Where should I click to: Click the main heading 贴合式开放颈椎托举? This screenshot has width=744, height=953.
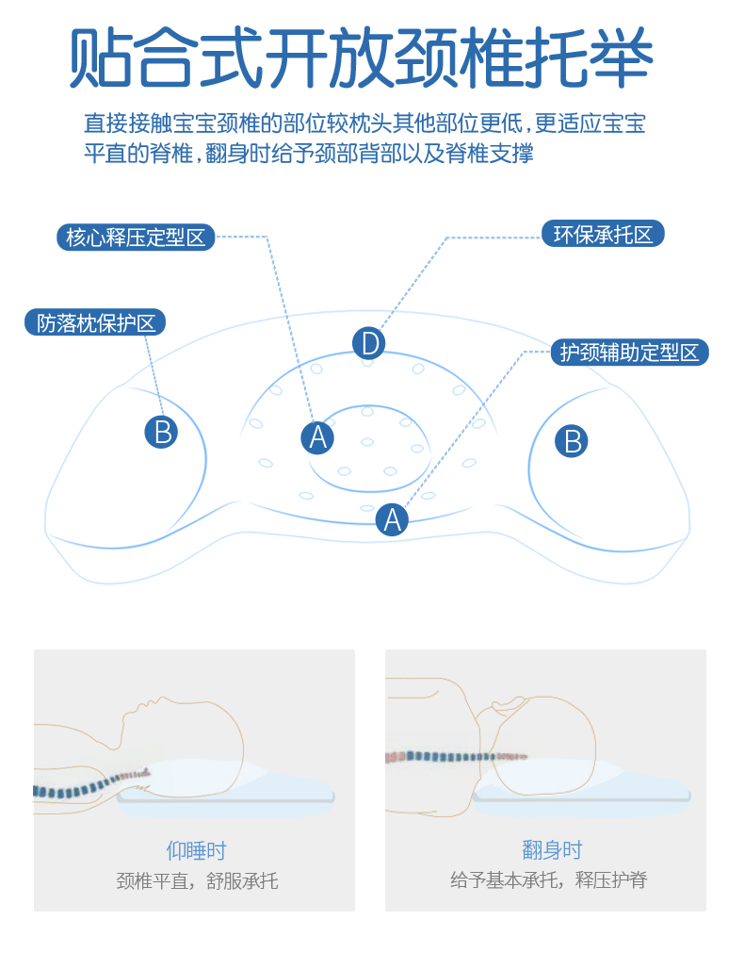click(362, 58)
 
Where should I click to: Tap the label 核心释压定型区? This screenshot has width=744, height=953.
click(136, 237)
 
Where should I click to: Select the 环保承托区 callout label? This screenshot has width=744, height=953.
click(603, 234)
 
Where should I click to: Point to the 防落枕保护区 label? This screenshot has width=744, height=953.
click(95, 322)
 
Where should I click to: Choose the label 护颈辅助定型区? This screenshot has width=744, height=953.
click(629, 353)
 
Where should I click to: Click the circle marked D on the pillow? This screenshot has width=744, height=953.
click(369, 343)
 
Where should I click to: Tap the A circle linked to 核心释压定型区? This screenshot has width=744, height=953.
click(317, 437)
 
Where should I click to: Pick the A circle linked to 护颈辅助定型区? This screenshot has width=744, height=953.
click(392, 518)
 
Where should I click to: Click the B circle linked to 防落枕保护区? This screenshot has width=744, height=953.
click(161, 432)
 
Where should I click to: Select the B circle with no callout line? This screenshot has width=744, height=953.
click(571, 440)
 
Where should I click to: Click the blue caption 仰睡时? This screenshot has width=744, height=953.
click(196, 850)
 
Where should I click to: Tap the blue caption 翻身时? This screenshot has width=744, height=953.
click(552, 850)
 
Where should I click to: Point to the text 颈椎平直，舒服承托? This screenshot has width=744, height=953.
click(197, 881)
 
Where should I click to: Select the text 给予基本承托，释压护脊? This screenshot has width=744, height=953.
click(548, 880)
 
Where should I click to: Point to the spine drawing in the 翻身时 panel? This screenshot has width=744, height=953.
click(452, 756)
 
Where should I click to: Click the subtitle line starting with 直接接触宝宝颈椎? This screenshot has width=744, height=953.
click(364, 123)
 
